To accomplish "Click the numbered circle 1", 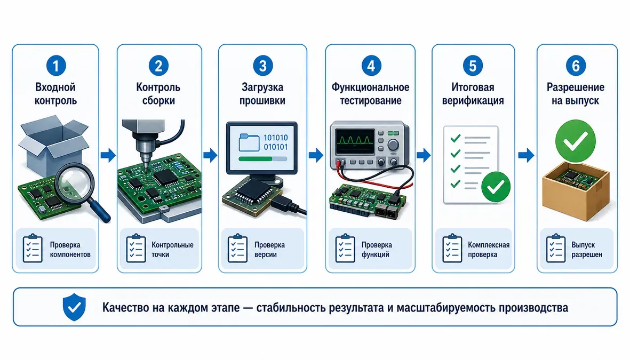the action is tap(56, 66).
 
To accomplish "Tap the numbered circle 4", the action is tap(371, 66).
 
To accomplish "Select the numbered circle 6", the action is tap(576, 66).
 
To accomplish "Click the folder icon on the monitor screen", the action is tap(249, 142).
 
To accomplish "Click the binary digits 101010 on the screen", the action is tap(276, 138).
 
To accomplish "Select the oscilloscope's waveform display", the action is tap(355, 141).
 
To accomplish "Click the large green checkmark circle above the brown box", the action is tap(576, 141).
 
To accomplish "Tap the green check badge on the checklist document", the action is tap(496, 187).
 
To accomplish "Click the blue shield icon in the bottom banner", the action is tap(74, 307).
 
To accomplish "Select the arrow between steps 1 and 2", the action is tap(108, 155).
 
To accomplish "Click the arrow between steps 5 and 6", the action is tap(526, 155).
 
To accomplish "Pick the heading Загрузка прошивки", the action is tap(262, 94).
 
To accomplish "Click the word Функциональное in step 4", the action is tap(370, 87).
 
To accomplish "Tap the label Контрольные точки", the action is tap(172, 250).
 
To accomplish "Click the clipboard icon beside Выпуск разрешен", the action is tap(556, 249).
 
